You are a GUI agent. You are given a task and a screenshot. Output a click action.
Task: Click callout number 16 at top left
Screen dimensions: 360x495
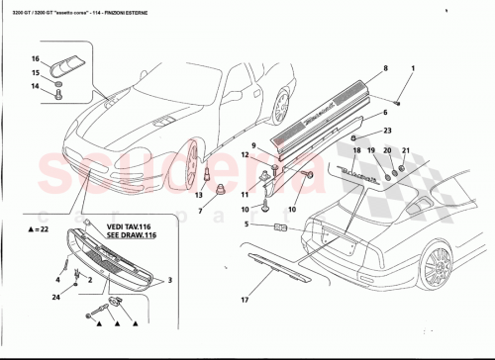point(34,59)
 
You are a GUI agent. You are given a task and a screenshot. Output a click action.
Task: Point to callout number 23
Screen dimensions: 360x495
point(388,131)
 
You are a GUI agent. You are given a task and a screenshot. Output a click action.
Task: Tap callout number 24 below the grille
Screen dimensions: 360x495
point(56,297)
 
